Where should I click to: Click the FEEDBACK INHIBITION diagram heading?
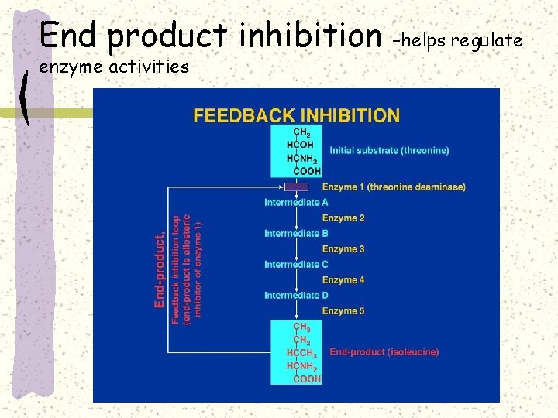pos(297,116)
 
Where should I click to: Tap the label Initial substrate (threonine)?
pos(389,150)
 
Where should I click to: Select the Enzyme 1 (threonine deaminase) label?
pos(394,187)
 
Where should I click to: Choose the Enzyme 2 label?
pos(343,218)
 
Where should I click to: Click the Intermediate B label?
pos(296,234)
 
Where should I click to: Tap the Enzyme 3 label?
pos(343,249)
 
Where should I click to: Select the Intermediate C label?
pos(296,265)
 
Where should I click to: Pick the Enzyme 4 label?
pos(343,280)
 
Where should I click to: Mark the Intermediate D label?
pos(296,296)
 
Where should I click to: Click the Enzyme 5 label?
pos(343,311)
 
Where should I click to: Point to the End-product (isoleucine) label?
pos(384,352)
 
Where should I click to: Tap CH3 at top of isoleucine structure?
pos(301,327)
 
